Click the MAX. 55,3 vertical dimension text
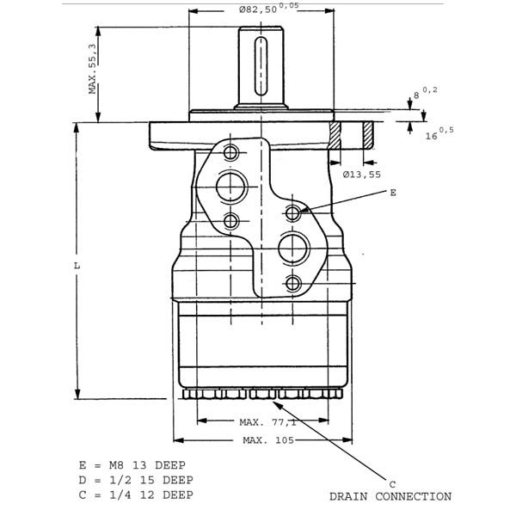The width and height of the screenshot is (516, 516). coord(93,69)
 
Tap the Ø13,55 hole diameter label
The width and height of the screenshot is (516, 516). coord(362,175)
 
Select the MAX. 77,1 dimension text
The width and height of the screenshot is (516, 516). coord(267,422)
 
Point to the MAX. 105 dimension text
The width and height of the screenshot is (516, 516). coord(268,440)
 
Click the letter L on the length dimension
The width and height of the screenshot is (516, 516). coord(77,265)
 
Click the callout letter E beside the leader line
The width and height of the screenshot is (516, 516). coord(393,193)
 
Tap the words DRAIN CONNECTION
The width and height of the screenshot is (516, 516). coord(390,496)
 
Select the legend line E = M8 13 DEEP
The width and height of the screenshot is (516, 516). coord(132,465)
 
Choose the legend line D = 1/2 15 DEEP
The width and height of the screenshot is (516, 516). coord(136,480)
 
